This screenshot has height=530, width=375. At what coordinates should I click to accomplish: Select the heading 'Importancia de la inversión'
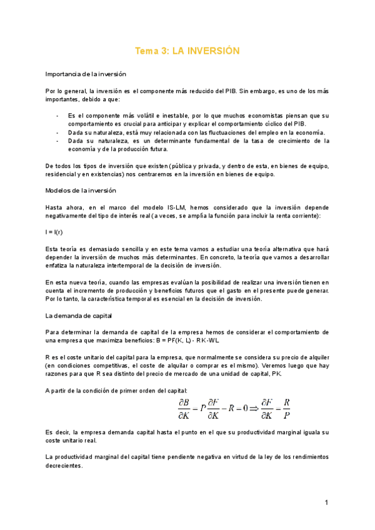tap(86, 74)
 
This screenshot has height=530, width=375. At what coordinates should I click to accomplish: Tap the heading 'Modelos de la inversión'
tap(80, 190)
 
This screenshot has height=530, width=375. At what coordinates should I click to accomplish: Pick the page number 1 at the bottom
tap(326, 502)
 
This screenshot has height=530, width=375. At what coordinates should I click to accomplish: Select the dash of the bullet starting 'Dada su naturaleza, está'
tap(57, 132)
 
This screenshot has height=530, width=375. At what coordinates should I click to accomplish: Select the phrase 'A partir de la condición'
tap(85, 390)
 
